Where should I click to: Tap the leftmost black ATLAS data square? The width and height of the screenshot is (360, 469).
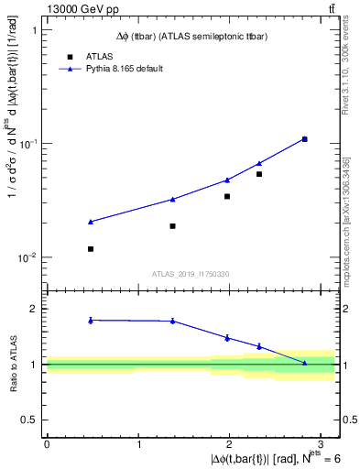(x=90, y=249)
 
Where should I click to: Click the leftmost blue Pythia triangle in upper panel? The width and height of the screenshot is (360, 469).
(x=90, y=222)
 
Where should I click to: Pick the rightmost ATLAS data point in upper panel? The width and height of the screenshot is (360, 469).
(x=304, y=139)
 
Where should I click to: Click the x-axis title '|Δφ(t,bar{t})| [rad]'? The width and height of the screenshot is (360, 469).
(x=266, y=458)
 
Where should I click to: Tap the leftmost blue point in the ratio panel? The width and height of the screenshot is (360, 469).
(x=90, y=320)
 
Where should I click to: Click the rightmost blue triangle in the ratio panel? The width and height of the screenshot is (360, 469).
(x=304, y=363)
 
